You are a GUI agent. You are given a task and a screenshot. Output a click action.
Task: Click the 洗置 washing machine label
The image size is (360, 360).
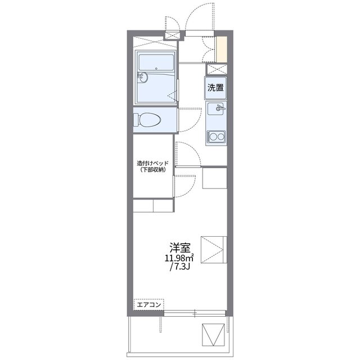[x=215, y=88]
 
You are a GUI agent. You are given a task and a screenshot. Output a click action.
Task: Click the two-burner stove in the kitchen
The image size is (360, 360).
[x=215, y=136]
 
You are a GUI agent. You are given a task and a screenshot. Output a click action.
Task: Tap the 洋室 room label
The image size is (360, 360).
[x=180, y=247]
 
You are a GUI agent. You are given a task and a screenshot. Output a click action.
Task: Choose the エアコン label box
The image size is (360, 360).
[x=148, y=304]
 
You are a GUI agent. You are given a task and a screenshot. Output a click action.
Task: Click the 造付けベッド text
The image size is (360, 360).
[x=152, y=163]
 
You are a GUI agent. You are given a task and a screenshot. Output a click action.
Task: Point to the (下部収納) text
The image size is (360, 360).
[x=152, y=170]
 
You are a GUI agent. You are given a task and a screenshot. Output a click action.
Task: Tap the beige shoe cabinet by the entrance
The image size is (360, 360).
[x=223, y=49]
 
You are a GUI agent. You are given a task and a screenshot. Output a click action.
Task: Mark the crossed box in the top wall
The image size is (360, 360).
[x=171, y=35]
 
